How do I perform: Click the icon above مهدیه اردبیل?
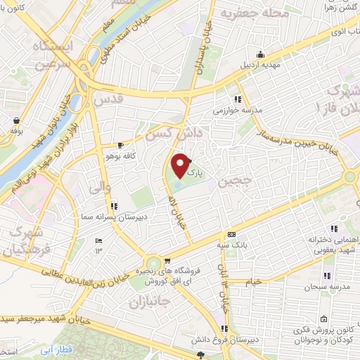click(261, 55)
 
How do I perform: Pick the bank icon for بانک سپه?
click(231, 234)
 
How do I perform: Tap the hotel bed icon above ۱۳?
click(98, 241)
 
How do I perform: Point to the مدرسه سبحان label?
click(328, 286)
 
